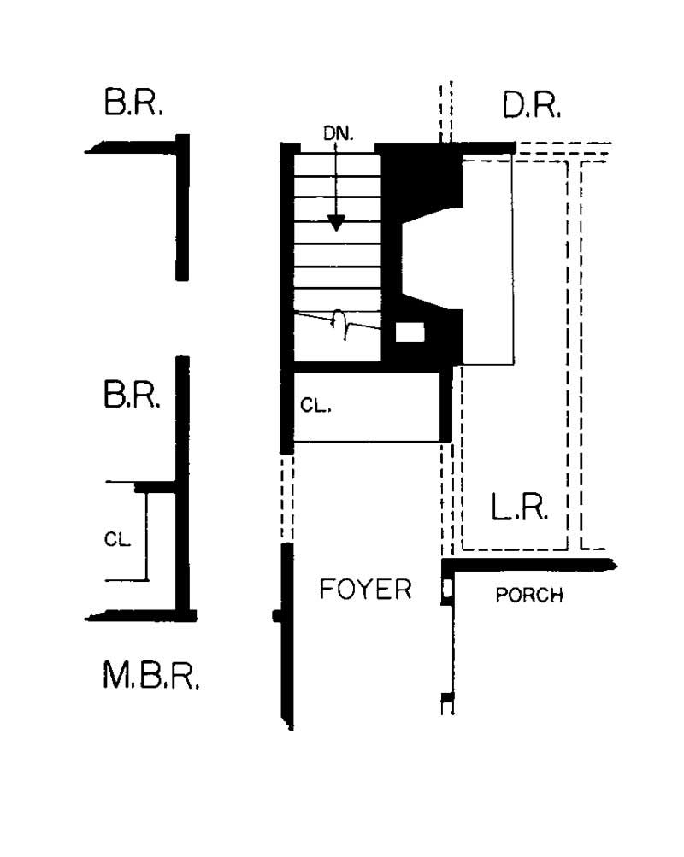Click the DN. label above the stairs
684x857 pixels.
coord(338,135)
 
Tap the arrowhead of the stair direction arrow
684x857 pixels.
coord(337,223)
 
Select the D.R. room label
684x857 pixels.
coord(532,105)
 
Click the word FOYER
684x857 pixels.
coord(365,590)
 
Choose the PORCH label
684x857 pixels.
coord(529,596)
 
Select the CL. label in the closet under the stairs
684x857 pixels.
coord(315,407)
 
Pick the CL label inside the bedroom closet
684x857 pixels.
coord(117,539)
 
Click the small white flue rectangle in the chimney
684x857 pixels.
coord(410,332)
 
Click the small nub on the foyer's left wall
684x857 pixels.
coord(276,615)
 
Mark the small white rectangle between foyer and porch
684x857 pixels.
coord(446,590)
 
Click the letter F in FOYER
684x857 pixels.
coord(327,590)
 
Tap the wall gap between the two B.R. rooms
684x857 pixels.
coord(181,318)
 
